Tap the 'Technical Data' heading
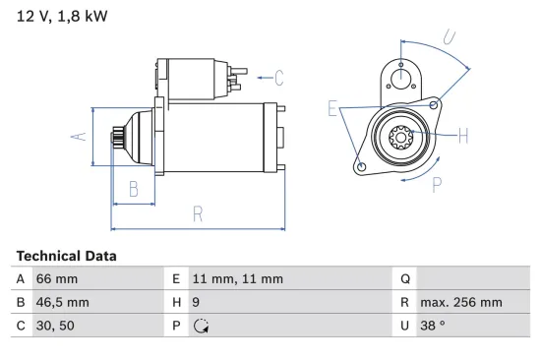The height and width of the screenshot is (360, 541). pos(66,256)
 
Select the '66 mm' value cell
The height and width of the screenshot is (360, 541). pos(57,279)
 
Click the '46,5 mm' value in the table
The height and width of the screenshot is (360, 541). pos(63,303)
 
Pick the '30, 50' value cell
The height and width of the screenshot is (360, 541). pos(56,327)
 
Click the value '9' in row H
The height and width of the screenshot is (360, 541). pos(196,303)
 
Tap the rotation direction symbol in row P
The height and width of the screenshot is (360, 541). pos(199,327)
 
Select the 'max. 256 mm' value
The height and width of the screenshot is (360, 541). pos(461,303)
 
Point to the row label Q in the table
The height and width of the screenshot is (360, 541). pos(403,279)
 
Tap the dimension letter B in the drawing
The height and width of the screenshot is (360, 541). pos(135,190)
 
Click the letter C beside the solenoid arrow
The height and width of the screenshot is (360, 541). pos(278,77)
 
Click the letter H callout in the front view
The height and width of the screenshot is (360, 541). pos(463,135)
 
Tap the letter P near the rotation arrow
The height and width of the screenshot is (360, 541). pos(436,183)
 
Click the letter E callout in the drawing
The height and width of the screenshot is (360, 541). pos(333,108)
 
